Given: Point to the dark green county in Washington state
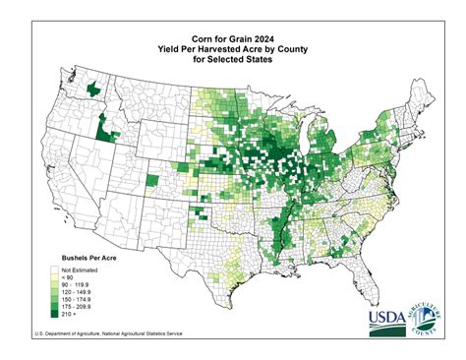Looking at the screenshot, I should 93,90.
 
